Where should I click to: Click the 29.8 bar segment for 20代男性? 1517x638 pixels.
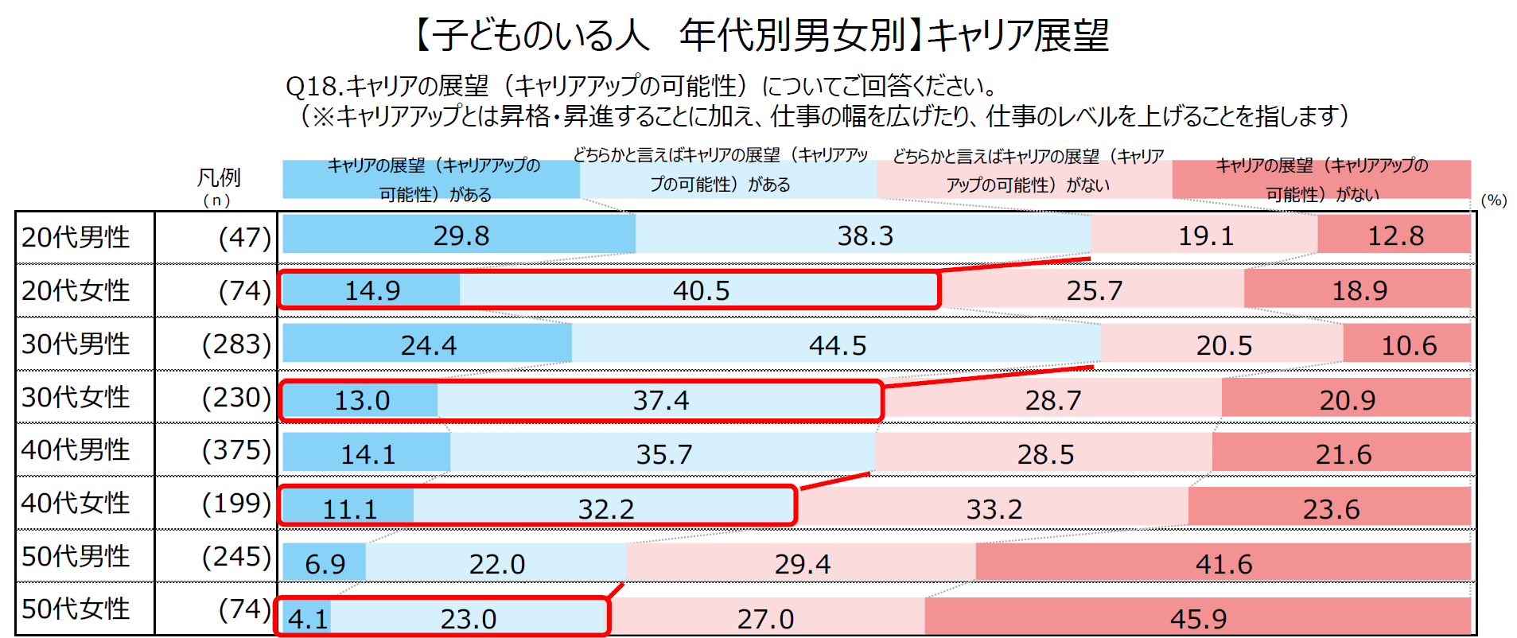(459, 235)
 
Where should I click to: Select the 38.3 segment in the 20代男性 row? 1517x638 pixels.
(864, 235)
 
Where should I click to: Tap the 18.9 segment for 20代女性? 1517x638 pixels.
(1358, 290)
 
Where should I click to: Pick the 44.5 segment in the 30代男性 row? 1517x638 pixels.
(837, 344)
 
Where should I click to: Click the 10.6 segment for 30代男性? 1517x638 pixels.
(1407, 344)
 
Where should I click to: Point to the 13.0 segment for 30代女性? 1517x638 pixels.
(360, 399)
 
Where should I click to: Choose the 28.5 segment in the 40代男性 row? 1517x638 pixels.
(1044, 453)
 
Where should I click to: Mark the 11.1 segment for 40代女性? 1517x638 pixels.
(348, 508)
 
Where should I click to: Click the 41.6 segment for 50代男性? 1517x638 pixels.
(1223, 563)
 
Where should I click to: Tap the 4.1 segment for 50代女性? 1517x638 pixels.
(307, 618)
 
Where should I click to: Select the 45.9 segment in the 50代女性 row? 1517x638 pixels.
(1197, 618)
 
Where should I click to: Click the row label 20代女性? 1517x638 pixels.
(76, 290)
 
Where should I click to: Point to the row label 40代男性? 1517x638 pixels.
(76, 449)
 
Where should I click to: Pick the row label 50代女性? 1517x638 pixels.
(76, 609)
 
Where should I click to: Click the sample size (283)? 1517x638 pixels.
(236, 344)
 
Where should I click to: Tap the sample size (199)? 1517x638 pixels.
(236, 503)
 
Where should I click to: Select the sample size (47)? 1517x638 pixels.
(244, 237)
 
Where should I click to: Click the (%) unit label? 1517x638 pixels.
(1493, 200)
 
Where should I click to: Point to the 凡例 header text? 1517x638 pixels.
(219, 177)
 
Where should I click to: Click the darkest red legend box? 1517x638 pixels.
(1321, 179)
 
